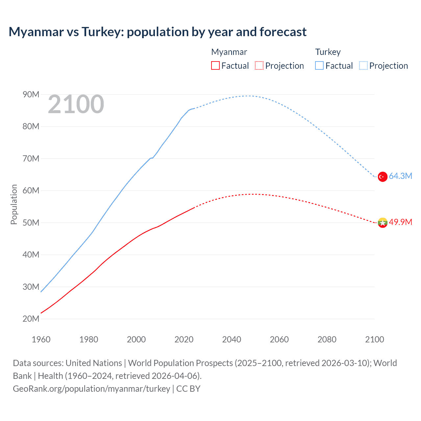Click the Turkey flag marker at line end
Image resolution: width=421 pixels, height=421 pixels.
tap(382, 177)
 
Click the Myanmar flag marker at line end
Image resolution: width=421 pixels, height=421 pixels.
tap(382, 223)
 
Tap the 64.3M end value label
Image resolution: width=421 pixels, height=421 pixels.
tap(400, 176)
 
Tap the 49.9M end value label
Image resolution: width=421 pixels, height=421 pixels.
tap(400, 222)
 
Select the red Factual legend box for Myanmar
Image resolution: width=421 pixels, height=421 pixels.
tap(215, 65)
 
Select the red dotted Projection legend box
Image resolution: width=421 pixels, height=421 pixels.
tap(259, 65)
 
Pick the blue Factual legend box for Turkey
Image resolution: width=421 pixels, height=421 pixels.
tap(319, 65)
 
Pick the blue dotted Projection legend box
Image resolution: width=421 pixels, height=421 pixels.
tap(363, 65)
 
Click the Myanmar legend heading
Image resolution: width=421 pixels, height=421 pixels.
tap(229, 52)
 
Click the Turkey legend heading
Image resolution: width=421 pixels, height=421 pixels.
tap(328, 52)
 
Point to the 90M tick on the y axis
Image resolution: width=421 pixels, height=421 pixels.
tap(31, 95)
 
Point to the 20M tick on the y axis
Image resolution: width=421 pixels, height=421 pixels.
tap(31, 319)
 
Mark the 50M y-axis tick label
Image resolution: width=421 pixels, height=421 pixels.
tap(31, 223)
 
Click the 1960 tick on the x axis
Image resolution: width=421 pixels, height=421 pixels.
tap(41, 339)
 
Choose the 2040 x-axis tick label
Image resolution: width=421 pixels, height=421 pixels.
tap(232, 339)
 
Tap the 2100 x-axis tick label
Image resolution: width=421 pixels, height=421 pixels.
tap(374, 339)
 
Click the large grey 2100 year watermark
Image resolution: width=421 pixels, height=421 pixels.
tap(76, 105)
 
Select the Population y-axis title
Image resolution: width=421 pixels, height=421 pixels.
tap(14, 204)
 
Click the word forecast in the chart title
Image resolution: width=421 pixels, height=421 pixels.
tap(283, 32)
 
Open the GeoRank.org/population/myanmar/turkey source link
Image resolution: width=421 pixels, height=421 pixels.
tap(91, 389)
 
